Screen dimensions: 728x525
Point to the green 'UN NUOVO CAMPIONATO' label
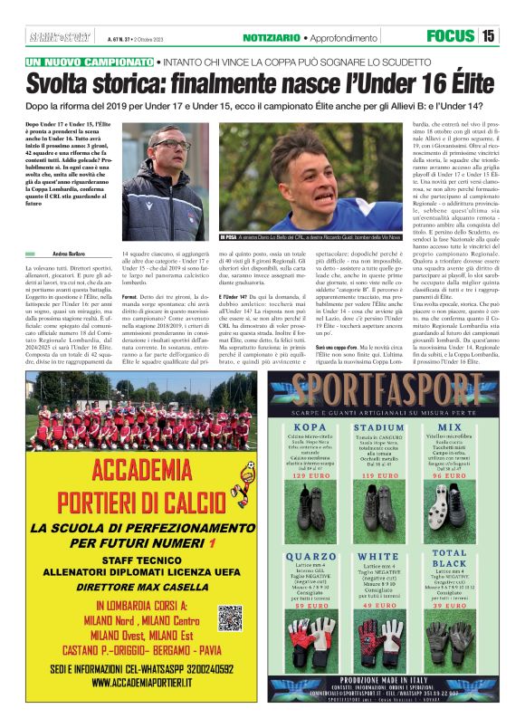(x=90, y=62)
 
